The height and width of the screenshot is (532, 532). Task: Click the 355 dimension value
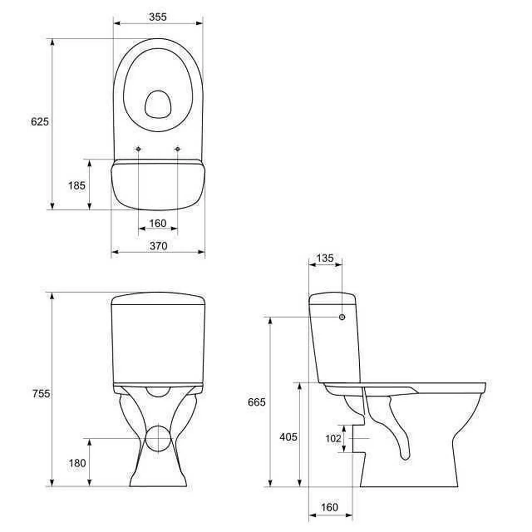(x=158, y=17)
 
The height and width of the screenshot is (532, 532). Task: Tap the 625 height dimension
(x=40, y=121)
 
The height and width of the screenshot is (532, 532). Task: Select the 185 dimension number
(x=77, y=186)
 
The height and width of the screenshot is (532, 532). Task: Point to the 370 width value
(x=158, y=246)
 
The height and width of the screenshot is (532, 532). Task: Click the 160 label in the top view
(x=158, y=223)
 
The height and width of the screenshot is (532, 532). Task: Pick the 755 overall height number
(x=41, y=394)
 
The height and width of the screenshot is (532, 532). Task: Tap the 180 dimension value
(x=77, y=463)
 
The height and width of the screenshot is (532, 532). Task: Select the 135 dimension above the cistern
(x=325, y=258)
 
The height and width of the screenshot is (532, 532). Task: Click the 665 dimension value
(x=257, y=402)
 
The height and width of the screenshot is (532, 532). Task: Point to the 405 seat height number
(x=288, y=437)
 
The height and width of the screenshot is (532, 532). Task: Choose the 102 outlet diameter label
(x=333, y=438)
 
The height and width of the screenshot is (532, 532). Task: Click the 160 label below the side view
(x=329, y=507)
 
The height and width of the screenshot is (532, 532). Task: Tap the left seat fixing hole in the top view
(x=138, y=149)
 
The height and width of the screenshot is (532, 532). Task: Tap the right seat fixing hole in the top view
(x=177, y=149)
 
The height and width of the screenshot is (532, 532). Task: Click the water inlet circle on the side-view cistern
(x=342, y=317)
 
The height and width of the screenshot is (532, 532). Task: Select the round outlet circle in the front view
(x=158, y=439)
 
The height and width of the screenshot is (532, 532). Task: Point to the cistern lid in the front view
(x=158, y=299)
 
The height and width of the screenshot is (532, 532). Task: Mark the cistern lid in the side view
(x=332, y=299)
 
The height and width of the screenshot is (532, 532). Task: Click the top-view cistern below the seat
(x=158, y=186)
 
